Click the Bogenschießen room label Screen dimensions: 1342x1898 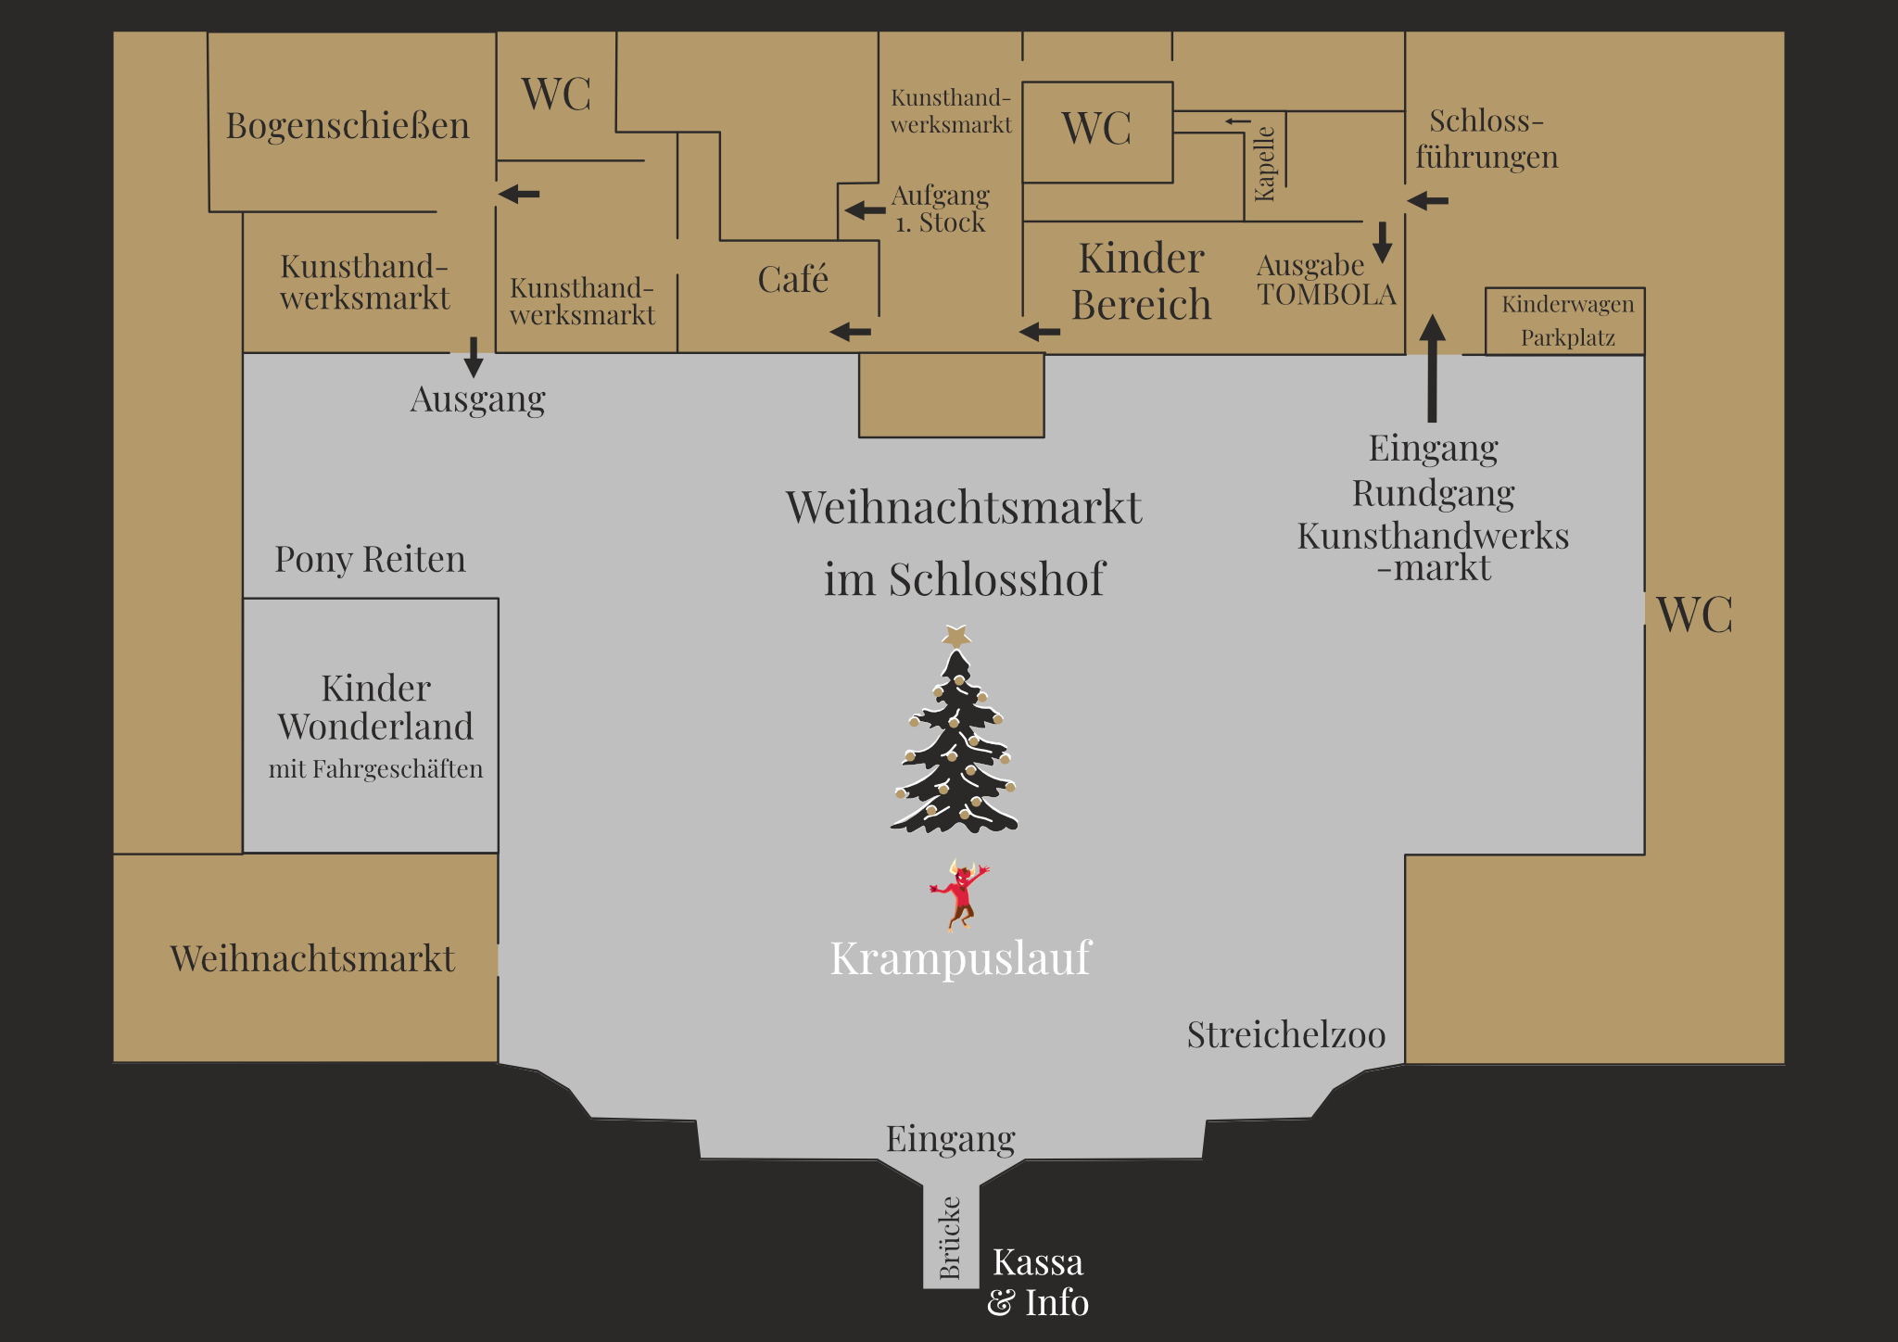pyautogui.click(x=348, y=126)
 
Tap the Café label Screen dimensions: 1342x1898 pyautogui.click(x=792, y=279)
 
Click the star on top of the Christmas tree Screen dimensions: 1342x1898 pyautogui.click(x=956, y=636)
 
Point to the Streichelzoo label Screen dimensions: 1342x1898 pyautogui.click(x=1286, y=1035)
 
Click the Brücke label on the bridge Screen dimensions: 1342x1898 pyautogui.click(x=950, y=1237)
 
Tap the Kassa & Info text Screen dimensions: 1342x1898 pyautogui.click(x=1038, y=1282)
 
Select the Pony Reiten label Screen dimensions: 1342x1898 pyautogui.click(x=370, y=560)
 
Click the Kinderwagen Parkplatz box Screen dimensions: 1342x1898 pyautogui.click(x=1566, y=321)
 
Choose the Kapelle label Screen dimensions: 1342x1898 pyautogui.click(x=1264, y=164)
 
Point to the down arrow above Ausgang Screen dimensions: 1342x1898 pyautogui.click(x=474, y=357)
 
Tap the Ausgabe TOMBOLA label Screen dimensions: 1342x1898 pyautogui.click(x=1325, y=280)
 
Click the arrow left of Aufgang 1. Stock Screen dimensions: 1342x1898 pyautogui.click(x=865, y=210)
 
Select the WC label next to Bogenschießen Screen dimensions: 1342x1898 pyautogui.click(x=556, y=94)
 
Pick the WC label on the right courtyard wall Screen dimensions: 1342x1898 pyautogui.click(x=1694, y=614)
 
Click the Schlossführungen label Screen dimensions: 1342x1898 pyautogui.click(x=1487, y=139)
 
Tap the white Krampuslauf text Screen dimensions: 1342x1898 pyautogui.click(x=960, y=958)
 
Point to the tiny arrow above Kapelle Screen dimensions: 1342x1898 pyautogui.click(x=1237, y=120)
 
